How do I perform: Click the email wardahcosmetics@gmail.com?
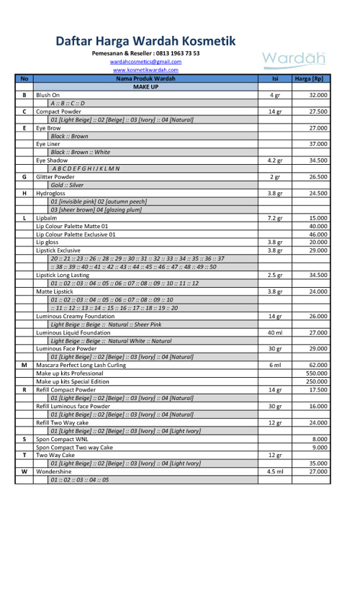(x=145, y=62)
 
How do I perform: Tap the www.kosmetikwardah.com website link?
(x=145, y=70)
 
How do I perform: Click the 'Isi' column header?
(x=274, y=78)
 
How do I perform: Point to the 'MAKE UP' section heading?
(x=145, y=86)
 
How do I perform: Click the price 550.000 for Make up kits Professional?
(x=317, y=374)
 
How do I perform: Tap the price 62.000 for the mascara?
(x=318, y=365)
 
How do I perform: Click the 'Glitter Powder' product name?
(x=55, y=176)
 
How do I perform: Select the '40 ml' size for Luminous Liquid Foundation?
(x=274, y=332)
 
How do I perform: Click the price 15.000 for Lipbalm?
(x=318, y=217)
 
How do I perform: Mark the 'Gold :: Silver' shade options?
(x=67, y=185)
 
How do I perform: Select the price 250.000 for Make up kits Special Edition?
(x=317, y=381)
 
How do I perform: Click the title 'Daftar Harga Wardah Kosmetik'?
(x=145, y=41)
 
